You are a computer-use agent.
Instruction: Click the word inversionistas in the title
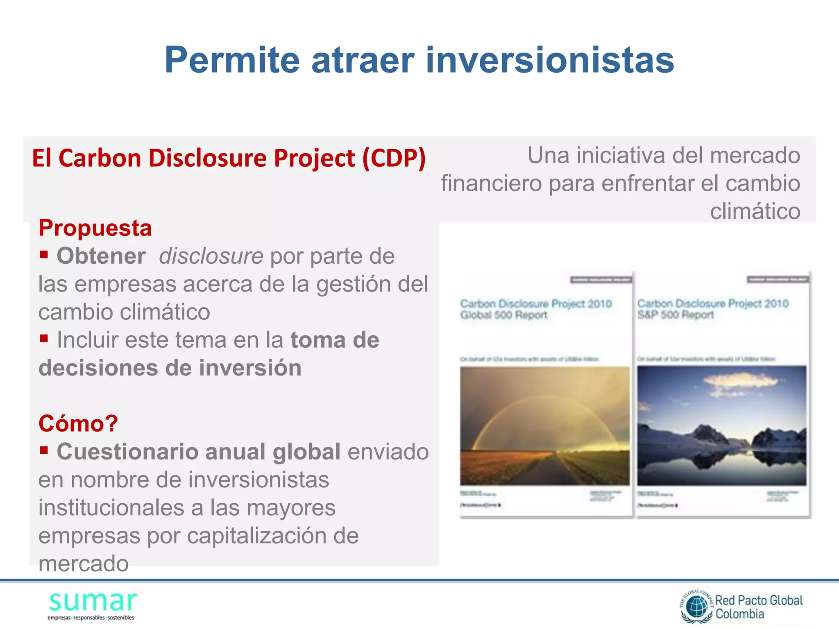(550, 60)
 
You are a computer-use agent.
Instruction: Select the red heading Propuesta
(95, 228)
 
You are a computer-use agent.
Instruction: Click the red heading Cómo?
(78, 423)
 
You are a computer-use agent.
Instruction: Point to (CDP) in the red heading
(394, 158)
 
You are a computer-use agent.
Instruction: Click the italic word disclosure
(211, 256)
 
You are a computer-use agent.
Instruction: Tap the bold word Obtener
(101, 256)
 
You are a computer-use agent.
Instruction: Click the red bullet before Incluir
(44, 338)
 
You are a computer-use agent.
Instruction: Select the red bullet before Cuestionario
(44, 450)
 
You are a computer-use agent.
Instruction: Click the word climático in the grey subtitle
(755, 212)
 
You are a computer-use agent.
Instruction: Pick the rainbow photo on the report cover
(544, 426)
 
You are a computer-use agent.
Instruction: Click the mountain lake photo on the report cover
(721, 426)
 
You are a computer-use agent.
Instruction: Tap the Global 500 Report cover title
(536, 309)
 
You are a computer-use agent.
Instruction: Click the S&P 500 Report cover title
(713, 309)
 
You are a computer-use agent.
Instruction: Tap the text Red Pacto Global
(759, 600)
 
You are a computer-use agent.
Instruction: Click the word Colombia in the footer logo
(740, 614)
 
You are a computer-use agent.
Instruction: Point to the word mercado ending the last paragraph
(84, 564)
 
